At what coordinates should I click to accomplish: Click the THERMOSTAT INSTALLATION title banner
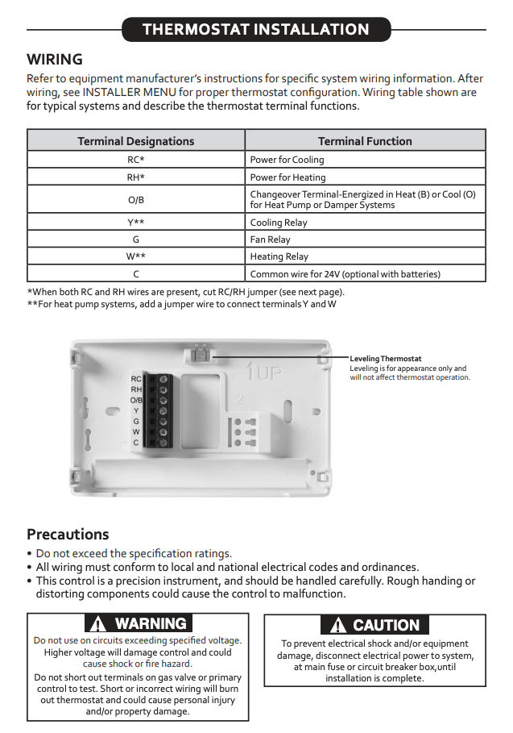pyautogui.click(x=256, y=30)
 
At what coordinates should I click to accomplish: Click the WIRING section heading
pyautogui.click(x=55, y=60)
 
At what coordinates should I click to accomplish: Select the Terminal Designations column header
pyautogui.click(x=135, y=141)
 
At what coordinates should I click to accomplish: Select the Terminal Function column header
pyautogui.click(x=365, y=141)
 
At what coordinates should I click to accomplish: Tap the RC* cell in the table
pyautogui.click(x=135, y=160)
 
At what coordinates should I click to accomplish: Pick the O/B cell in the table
pyautogui.click(x=135, y=199)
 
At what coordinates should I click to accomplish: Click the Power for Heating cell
pyautogui.click(x=288, y=177)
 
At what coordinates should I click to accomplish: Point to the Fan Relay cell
pyautogui.click(x=271, y=239)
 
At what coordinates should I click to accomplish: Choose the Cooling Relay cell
pyautogui.click(x=278, y=223)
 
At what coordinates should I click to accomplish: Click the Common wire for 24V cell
pyautogui.click(x=345, y=274)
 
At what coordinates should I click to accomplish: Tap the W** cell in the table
pyautogui.click(x=135, y=256)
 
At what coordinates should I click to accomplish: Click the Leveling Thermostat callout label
pyautogui.click(x=386, y=358)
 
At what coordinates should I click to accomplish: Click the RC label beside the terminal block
pyautogui.click(x=136, y=378)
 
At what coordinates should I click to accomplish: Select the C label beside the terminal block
pyautogui.click(x=136, y=442)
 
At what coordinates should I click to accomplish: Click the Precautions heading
pyautogui.click(x=68, y=535)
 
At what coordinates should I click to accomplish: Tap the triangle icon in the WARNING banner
pyautogui.click(x=98, y=623)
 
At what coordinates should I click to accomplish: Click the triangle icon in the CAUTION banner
pyautogui.click(x=338, y=625)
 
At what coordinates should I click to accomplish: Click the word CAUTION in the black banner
pyautogui.click(x=386, y=625)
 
